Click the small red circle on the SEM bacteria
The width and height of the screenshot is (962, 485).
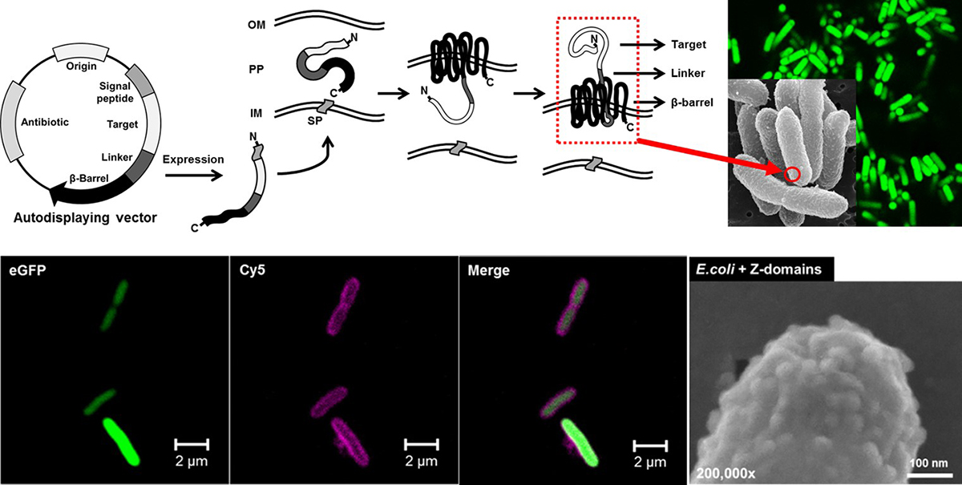pyautogui.click(x=791, y=174)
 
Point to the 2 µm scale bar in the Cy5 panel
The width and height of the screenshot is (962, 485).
pyautogui.click(x=422, y=443)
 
